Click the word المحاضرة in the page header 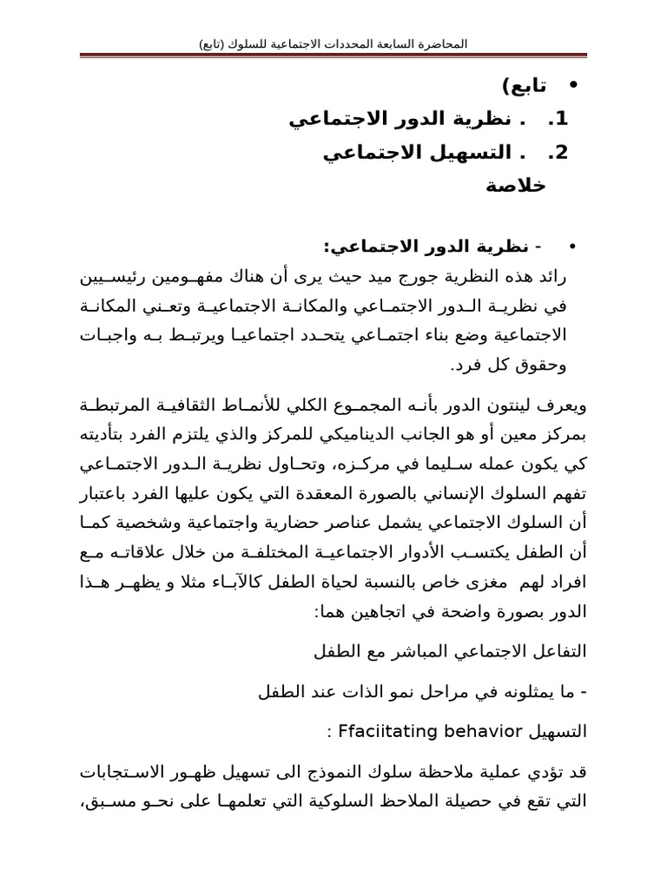(443, 43)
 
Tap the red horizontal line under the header (333, 56)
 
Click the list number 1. (558, 119)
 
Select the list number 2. (558, 153)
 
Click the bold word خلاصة (515, 186)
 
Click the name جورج (406, 277)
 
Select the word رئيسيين (117, 277)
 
